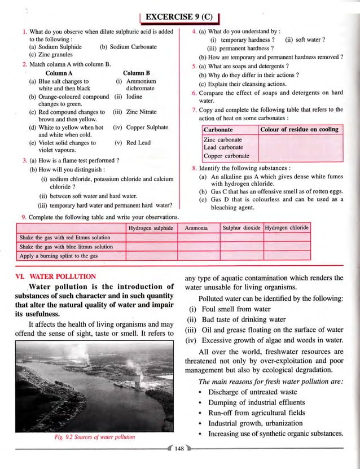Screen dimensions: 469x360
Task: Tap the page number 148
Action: pos(180,449)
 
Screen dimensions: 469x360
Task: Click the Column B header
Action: pos(136,73)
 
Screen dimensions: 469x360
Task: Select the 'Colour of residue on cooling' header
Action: pos(300,130)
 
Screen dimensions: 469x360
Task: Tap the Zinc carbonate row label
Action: pos(223,139)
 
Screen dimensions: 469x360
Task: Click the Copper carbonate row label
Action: pos(226,156)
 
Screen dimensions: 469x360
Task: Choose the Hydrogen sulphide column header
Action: pos(150,228)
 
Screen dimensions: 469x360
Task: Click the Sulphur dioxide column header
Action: pos(241,228)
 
